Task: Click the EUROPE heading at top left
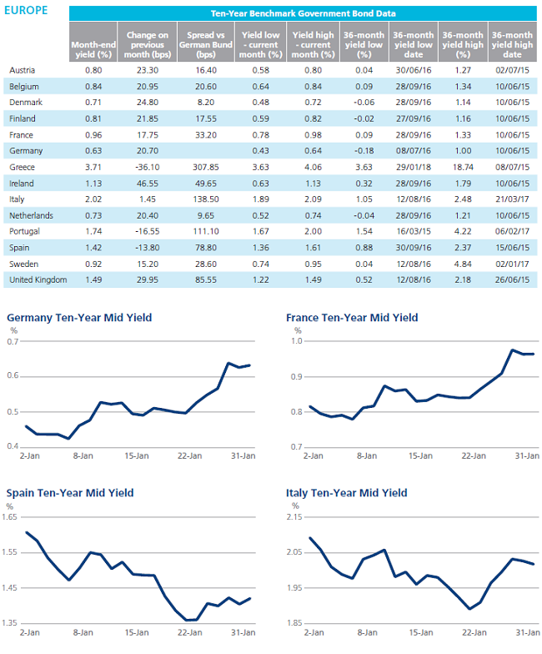point(26,10)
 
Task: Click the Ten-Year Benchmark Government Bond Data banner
point(304,13)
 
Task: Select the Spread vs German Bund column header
point(206,45)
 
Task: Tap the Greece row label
point(22,167)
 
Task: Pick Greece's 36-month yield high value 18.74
point(464,167)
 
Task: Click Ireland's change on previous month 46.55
point(148,184)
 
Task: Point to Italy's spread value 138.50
point(206,199)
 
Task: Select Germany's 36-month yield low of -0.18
point(364,151)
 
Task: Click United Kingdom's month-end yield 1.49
point(93,280)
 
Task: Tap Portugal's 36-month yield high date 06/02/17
point(512,232)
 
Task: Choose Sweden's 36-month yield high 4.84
point(464,264)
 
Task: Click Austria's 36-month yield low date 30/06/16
point(414,70)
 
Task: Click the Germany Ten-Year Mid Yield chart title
point(79,318)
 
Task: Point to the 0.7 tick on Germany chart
point(13,342)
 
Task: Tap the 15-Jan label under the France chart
point(420,456)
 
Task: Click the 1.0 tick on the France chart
point(297,341)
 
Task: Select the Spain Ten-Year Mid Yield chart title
point(70,493)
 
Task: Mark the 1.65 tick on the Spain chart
point(10,517)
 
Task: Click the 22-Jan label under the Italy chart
point(474,632)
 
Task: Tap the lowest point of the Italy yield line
point(470,609)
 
